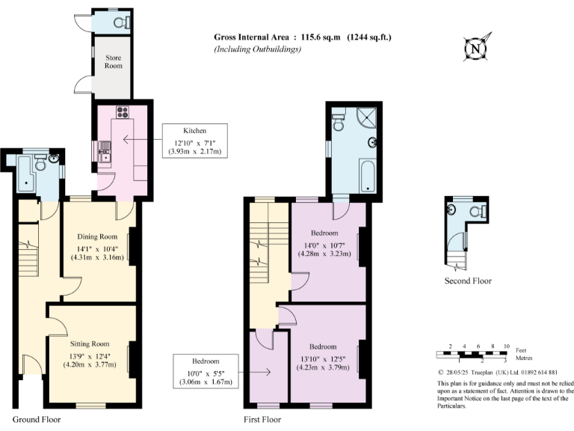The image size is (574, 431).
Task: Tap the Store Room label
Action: tap(113, 61)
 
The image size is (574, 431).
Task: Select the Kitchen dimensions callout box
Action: tap(197, 141)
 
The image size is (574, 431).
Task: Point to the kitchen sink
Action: tap(104, 156)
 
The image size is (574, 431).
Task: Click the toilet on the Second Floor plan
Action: tap(474, 212)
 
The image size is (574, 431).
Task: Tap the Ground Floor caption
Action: tap(37, 420)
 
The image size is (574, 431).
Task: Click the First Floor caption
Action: tap(262, 420)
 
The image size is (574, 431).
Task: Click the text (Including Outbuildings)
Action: tap(258, 49)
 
